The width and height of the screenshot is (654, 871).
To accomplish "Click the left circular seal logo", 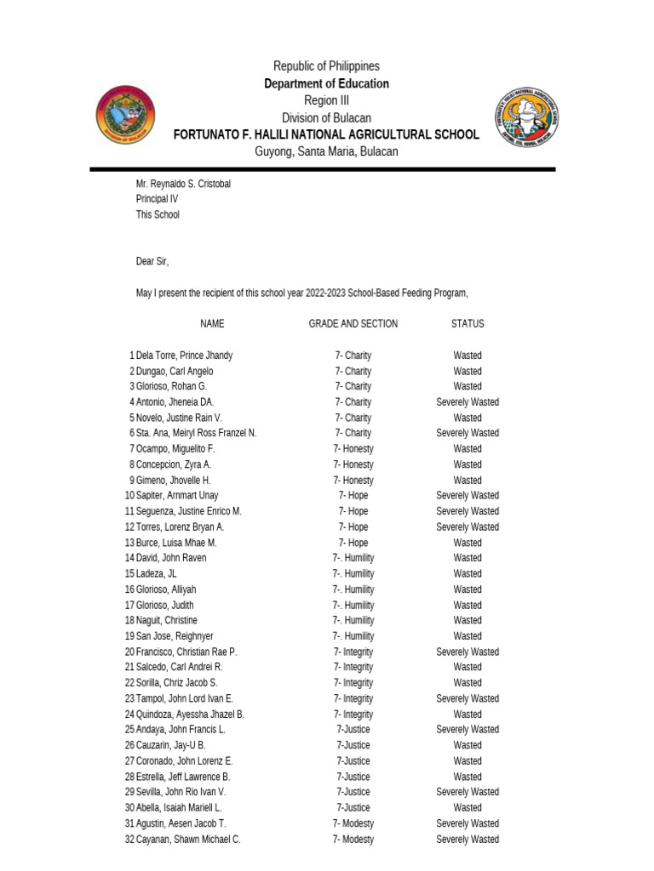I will click(x=125, y=116).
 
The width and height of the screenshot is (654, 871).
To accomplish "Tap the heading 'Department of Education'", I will click(x=326, y=83).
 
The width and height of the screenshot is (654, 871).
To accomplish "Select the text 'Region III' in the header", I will click(x=326, y=100).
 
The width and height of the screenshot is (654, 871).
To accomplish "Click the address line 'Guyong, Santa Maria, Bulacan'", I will click(x=326, y=151).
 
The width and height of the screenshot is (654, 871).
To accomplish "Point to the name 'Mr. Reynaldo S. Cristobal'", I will click(x=183, y=184).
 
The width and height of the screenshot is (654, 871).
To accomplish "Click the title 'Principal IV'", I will click(x=158, y=199).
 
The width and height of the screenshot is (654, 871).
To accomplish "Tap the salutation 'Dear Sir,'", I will click(x=152, y=261).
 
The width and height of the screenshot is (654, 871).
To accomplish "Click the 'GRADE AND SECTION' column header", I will click(x=353, y=324).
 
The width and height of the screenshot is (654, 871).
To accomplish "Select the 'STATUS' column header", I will click(x=468, y=324).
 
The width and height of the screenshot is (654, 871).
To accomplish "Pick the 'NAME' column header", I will click(x=212, y=324).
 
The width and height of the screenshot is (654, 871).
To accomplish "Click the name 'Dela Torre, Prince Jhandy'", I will click(x=184, y=356).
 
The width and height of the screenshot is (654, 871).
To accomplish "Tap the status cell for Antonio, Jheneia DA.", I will click(x=468, y=402).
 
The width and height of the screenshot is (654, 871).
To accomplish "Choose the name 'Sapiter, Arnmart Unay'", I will click(x=177, y=496).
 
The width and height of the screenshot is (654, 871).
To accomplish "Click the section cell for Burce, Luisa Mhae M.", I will click(x=353, y=543).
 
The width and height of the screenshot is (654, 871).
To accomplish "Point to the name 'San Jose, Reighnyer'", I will click(x=175, y=636).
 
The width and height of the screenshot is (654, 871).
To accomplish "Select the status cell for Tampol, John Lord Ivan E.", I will click(x=468, y=698).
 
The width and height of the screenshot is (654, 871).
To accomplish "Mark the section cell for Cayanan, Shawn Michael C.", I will click(x=353, y=840).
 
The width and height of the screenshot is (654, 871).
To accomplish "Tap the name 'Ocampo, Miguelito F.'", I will click(x=175, y=449).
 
